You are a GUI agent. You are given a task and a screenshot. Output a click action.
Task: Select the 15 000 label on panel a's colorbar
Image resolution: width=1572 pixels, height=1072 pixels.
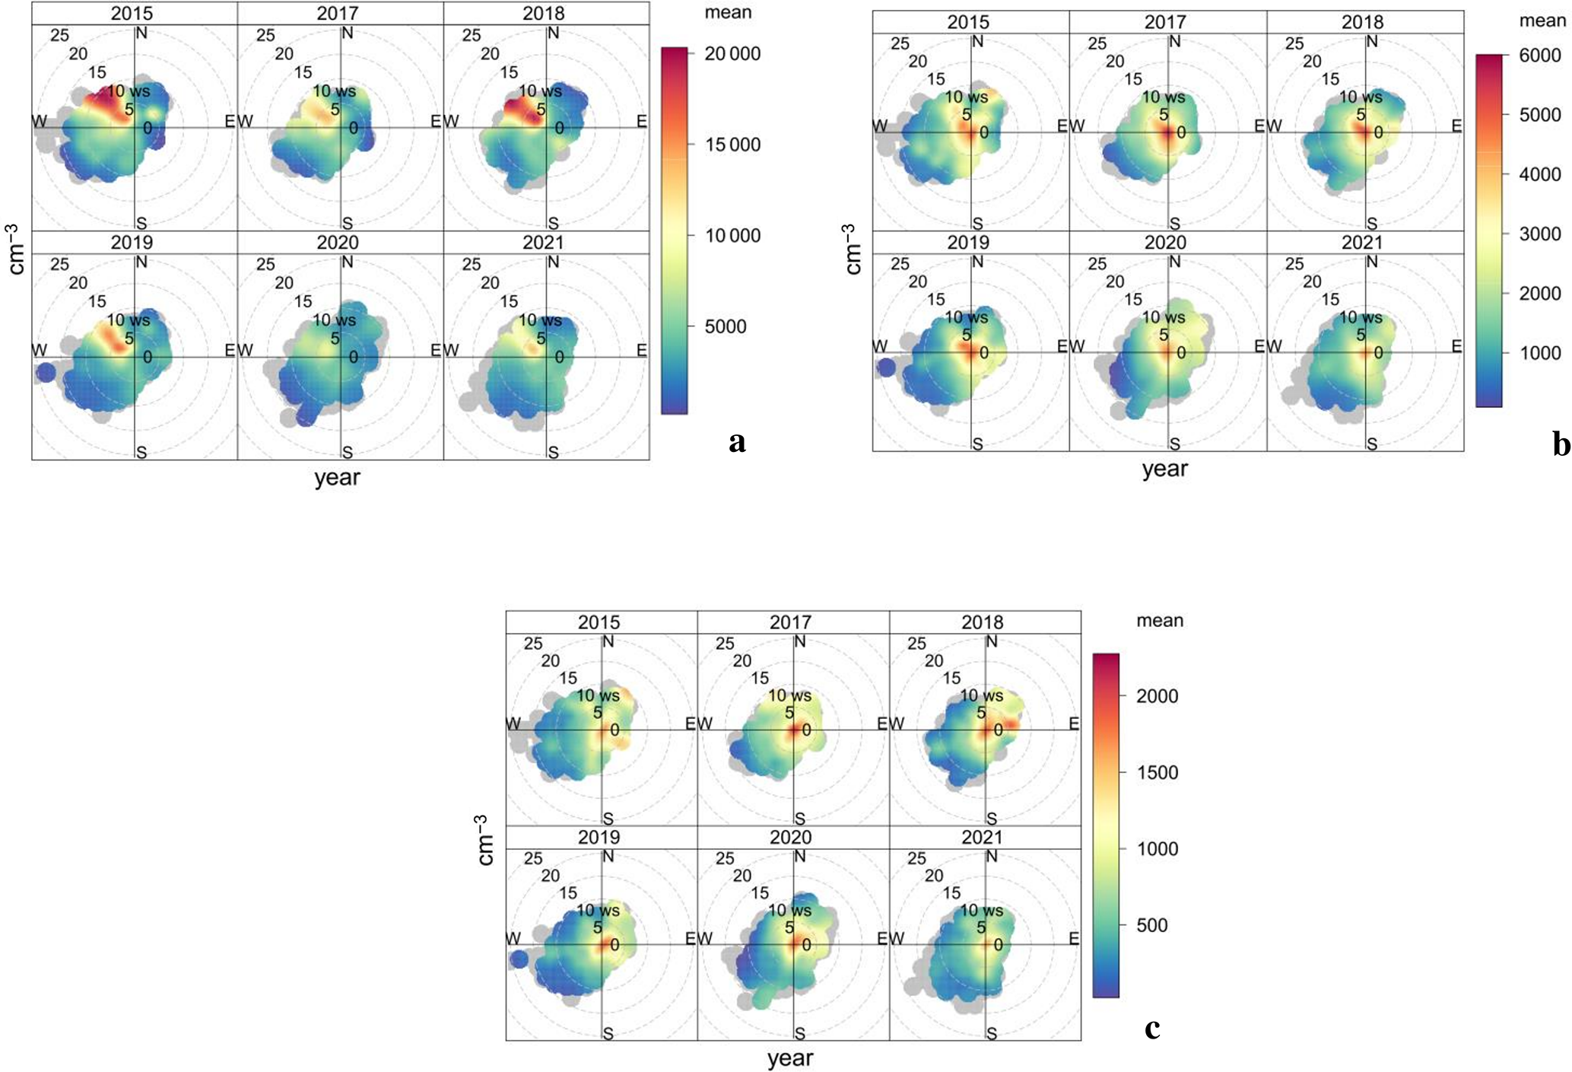click(x=732, y=145)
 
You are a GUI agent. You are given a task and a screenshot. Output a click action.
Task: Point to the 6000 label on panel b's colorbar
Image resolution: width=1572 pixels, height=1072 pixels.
click(x=1539, y=56)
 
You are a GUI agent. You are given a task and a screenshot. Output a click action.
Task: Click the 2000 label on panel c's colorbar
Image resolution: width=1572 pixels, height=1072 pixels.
click(x=1157, y=696)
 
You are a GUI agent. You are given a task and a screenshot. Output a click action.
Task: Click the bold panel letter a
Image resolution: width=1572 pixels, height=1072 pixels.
click(x=736, y=442)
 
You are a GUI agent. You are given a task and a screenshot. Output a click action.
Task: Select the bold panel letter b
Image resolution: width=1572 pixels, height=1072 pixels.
click(x=1561, y=444)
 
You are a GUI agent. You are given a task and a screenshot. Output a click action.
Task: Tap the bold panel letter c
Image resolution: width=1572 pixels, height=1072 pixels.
click(x=1152, y=1028)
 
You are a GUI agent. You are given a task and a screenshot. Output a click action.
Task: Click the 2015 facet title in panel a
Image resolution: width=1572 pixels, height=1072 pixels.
click(x=132, y=14)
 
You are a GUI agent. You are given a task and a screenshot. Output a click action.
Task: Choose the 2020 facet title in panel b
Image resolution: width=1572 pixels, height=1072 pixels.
click(x=1165, y=243)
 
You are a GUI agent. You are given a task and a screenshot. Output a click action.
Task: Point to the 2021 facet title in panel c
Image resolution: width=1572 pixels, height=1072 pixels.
click(x=983, y=838)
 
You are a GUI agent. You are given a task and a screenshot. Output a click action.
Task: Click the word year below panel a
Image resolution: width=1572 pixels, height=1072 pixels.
click(x=337, y=478)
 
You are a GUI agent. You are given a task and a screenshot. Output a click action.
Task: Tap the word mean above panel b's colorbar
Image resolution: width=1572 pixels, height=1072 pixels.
click(x=1542, y=21)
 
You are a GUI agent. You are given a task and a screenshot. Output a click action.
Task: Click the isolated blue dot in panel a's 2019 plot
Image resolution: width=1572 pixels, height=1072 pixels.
click(x=46, y=373)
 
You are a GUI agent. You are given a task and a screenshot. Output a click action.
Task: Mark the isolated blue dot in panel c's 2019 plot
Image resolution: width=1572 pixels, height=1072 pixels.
click(x=519, y=959)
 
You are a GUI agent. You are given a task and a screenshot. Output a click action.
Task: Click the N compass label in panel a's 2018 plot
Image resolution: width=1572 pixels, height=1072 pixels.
click(x=553, y=33)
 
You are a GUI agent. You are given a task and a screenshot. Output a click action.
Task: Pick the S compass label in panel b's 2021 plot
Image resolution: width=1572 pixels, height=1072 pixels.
click(x=1372, y=444)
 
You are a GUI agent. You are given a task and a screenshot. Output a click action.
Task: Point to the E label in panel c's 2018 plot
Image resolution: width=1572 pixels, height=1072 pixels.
click(x=1073, y=724)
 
